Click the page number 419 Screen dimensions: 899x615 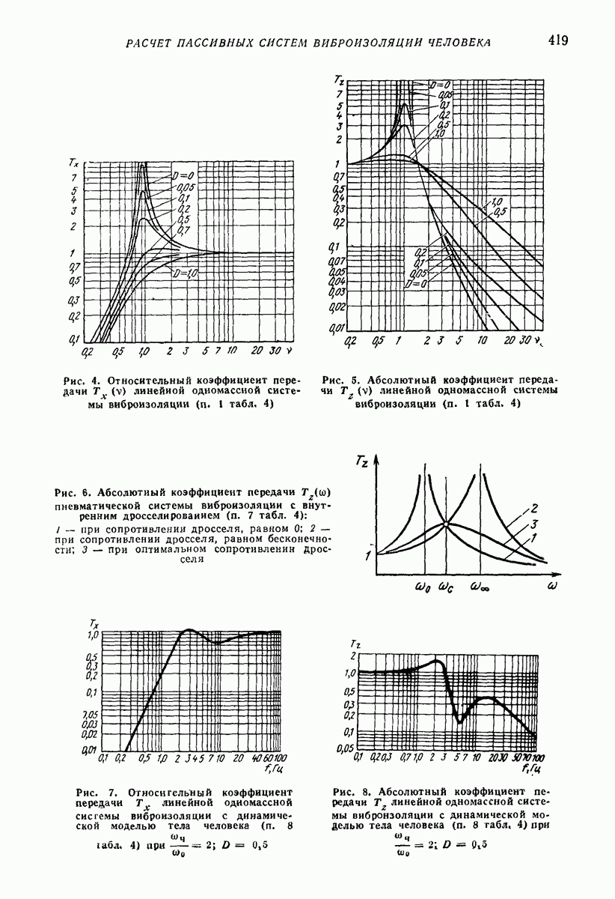[x=557, y=40]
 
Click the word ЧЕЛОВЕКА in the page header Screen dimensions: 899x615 [x=459, y=42]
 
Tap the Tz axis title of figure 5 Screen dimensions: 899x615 [x=339, y=79]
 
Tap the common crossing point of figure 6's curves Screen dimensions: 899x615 [x=446, y=524]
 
